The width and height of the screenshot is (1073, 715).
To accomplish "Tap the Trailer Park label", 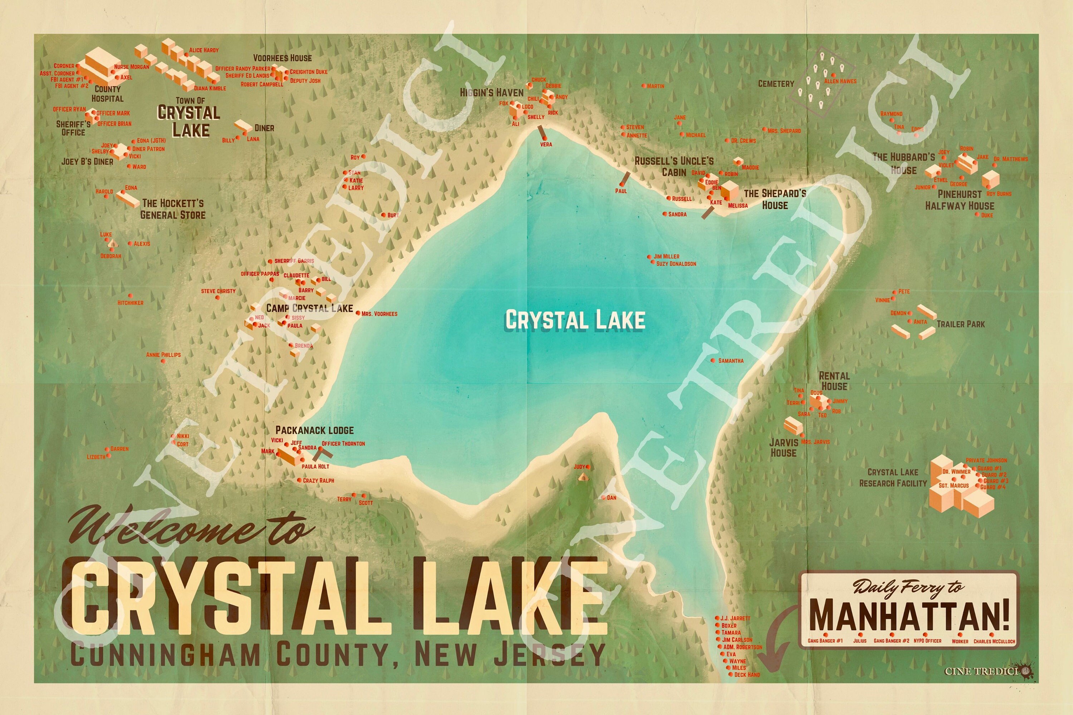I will pyautogui.click(x=960, y=324).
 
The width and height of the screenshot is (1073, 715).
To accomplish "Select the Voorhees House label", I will pyautogui.click(x=283, y=58).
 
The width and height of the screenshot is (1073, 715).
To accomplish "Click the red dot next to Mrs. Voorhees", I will pyautogui.click(x=358, y=313).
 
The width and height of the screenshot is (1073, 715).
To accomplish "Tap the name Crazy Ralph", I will pyautogui.click(x=318, y=480).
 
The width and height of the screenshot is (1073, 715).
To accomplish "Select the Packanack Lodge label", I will pyautogui.click(x=314, y=430).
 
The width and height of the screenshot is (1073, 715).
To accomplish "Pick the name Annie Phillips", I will pyautogui.click(x=163, y=355).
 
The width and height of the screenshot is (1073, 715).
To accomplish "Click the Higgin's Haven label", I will pyautogui.click(x=491, y=93).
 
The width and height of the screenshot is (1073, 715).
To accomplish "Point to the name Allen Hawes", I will pyautogui.click(x=840, y=81).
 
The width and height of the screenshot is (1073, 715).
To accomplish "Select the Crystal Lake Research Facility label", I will pyautogui.click(x=893, y=477).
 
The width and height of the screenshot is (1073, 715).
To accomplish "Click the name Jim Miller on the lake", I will pyautogui.click(x=666, y=257).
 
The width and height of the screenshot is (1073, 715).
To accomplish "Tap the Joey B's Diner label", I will pyautogui.click(x=87, y=162).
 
